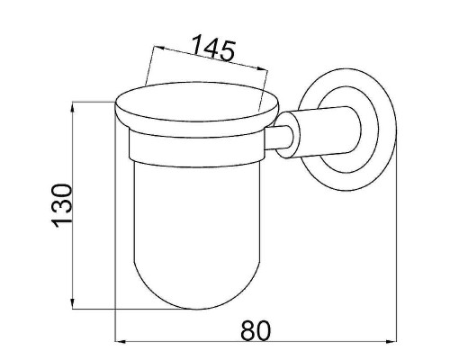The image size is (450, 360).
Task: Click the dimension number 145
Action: [x=213, y=49]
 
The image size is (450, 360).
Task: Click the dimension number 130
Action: [x=62, y=206]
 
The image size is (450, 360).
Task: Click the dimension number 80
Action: [x=256, y=330]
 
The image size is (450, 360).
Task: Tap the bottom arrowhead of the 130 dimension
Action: [x=72, y=303]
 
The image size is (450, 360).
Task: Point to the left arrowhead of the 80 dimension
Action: [x=121, y=341]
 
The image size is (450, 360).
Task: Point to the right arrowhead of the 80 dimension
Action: [x=391, y=341]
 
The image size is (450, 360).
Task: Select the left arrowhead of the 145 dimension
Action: [x=159, y=48]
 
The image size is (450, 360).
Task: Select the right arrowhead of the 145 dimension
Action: [x=262, y=68]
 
